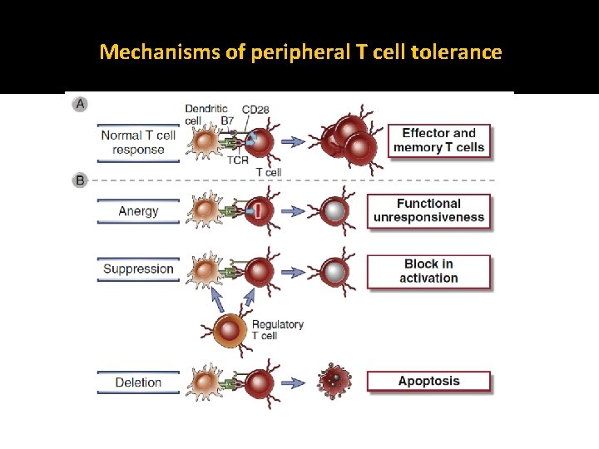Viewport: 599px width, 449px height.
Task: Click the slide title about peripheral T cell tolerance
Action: coord(300,52)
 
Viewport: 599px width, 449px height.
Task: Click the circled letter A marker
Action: coord(80,104)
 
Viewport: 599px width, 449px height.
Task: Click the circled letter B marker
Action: coord(80,180)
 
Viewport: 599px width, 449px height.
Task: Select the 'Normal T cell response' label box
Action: coord(138,142)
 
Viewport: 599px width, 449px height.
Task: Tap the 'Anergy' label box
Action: coord(138,211)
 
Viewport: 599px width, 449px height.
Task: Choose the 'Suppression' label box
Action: coord(138,269)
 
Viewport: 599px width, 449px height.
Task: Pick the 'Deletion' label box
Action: coord(138,382)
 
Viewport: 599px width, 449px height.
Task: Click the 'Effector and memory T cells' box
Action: coord(438,141)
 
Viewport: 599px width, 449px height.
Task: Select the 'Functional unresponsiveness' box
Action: coord(428,210)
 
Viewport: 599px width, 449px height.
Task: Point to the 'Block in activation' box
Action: coord(428,271)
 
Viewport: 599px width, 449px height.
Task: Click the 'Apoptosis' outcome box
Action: coord(428,382)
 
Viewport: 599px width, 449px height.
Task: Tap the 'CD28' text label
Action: coord(255,109)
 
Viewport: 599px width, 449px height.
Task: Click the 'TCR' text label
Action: coord(238,160)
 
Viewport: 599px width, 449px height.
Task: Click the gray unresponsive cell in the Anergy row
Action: coord(334,211)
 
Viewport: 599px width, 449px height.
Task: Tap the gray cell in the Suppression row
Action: coord(334,272)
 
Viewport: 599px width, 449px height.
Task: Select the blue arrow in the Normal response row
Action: coord(293,141)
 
